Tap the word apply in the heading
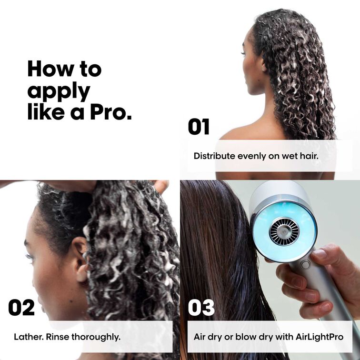[x=58, y=90]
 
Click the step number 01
[x=199, y=127]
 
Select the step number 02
[x=21, y=308]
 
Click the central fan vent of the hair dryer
[x=284, y=231]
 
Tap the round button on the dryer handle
[x=305, y=265]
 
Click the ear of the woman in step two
[x=80, y=257]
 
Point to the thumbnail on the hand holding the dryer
[x=320, y=254]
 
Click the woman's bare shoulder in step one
[x=238, y=133]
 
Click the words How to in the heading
[x=64, y=69]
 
